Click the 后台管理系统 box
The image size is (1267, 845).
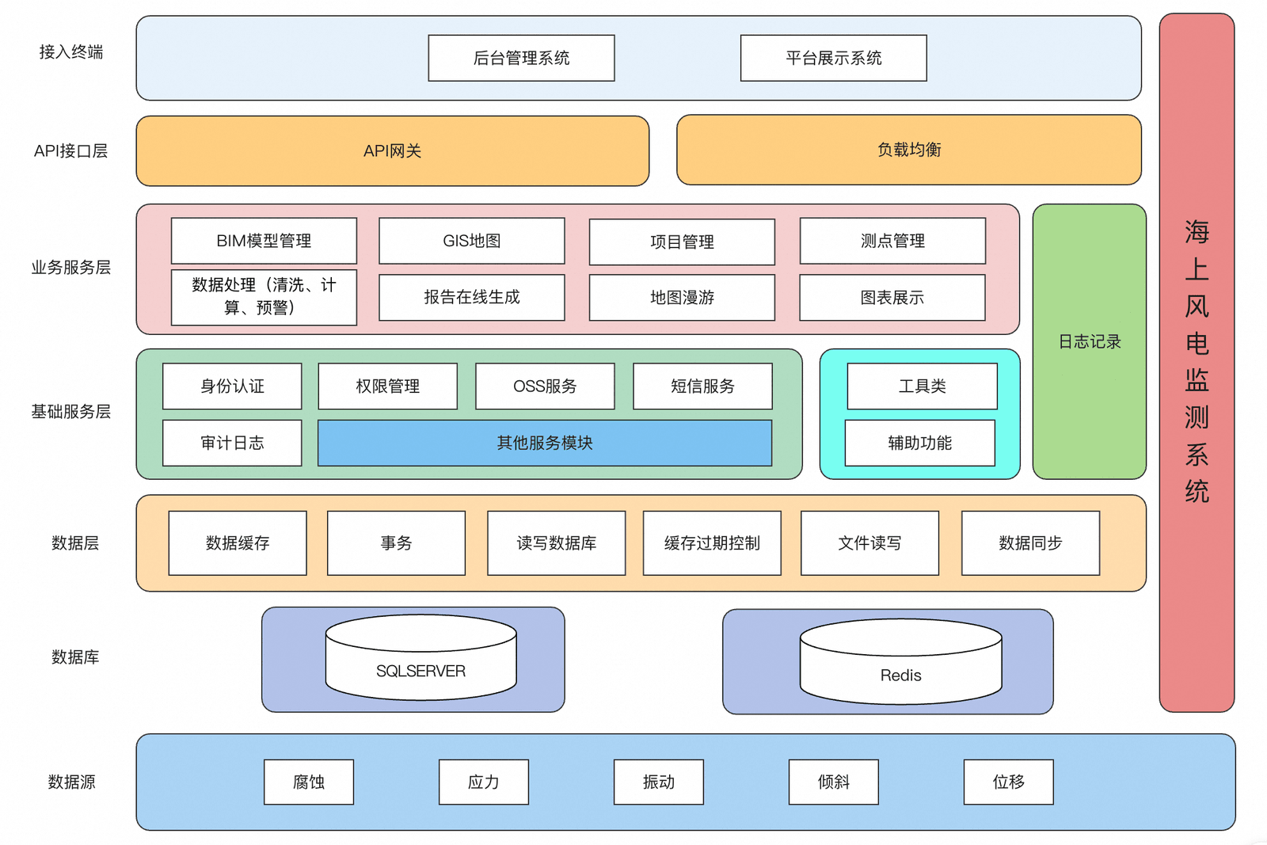point(521,58)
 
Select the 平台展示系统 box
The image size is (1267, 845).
point(833,58)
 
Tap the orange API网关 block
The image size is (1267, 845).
point(393,151)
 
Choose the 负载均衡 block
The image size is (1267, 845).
point(909,150)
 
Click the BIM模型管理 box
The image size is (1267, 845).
point(264,241)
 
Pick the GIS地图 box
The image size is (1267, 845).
point(472,241)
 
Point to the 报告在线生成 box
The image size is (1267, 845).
point(472,298)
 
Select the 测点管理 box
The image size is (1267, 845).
point(892,241)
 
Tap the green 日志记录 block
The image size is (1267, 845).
point(1090,341)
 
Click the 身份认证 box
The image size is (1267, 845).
point(232,386)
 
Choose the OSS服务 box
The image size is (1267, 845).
point(545,386)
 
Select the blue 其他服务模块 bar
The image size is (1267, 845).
point(545,443)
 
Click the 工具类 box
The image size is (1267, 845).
point(922,386)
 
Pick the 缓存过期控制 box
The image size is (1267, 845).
point(712,543)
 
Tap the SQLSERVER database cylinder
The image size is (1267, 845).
point(420,657)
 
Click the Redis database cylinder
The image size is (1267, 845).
point(900,661)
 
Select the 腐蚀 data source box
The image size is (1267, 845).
point(309,782)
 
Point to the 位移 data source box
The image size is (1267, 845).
point(1009,782)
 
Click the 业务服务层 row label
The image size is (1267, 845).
point(70,268)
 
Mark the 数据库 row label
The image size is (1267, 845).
point(75,657)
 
